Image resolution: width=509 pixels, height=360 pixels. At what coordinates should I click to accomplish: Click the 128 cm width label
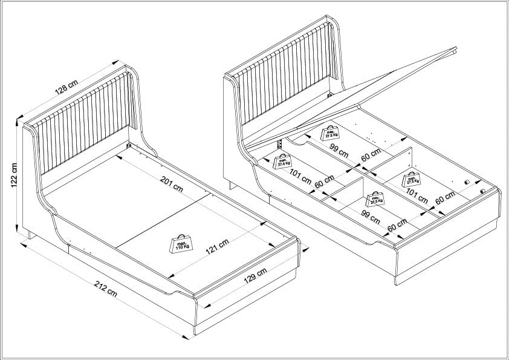66,88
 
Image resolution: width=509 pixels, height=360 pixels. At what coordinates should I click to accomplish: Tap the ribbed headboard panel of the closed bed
83,122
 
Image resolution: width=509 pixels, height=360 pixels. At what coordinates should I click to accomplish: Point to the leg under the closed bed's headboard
30,234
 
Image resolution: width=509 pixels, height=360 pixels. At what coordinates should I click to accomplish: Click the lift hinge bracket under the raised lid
280,145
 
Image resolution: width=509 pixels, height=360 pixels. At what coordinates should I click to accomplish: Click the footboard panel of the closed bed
248,284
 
